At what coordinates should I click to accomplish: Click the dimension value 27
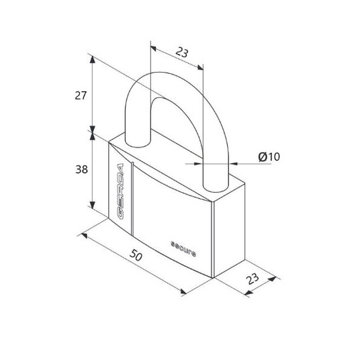coord(81,95)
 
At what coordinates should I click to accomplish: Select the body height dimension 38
coord(81,169)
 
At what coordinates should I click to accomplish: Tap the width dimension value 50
coord(136,255)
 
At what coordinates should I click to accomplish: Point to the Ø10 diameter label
coord(269,156)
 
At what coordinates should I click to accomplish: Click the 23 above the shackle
coord(182,52)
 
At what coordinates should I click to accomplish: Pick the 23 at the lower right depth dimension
coord(252,279)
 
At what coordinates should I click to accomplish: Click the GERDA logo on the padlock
coord(120,191)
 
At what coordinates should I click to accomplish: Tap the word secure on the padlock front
coord(183,249)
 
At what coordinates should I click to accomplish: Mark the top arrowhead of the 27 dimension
coord(92,60)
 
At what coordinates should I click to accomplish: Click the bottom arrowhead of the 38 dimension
coord(92,205)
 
